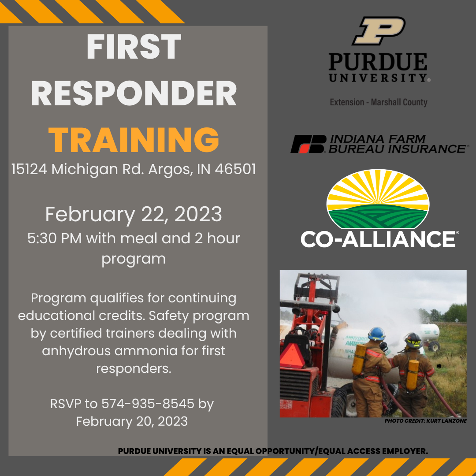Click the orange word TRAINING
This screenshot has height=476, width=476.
click(x=134, y=140)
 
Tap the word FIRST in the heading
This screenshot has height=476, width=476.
click(x=134, y=47)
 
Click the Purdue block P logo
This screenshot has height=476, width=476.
click(x=378, y=31)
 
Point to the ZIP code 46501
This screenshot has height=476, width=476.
click(x=235, y=169)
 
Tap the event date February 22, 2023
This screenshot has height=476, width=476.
click(x=134, y=214)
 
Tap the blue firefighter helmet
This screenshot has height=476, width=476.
click(x=376, y=334)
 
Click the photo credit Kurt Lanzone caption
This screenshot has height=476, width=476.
click(x=425, y=421)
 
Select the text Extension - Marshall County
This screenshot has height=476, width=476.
click(x=378, y=102)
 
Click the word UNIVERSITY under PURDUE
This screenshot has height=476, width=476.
click(x=378, y=78)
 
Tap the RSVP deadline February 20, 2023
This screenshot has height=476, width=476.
click(x=132, y=421)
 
